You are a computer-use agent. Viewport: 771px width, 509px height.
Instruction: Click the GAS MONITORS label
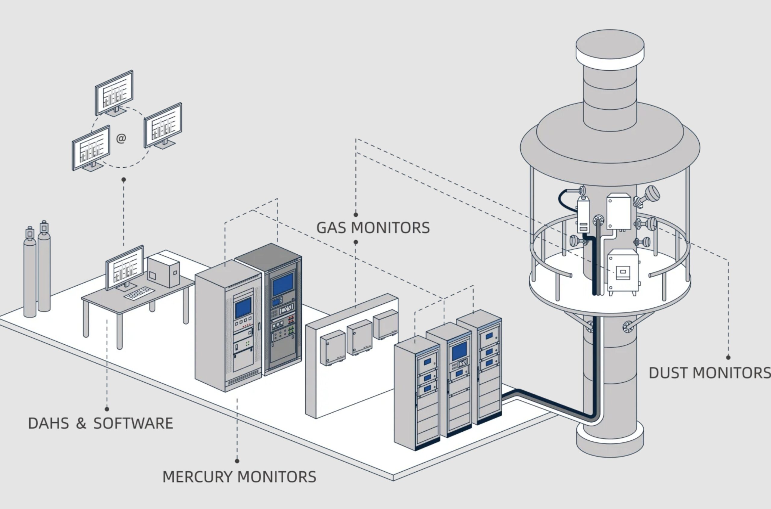click(x=373, y=228)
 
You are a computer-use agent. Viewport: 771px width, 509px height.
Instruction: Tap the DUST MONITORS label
click(x=709, y=373)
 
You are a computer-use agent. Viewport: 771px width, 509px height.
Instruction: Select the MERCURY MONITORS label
click(x=239, y=477)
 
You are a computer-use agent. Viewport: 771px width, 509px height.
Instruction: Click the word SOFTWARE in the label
click(x=133, y=423)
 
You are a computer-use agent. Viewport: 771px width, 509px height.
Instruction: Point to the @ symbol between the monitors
click(x=121, y=138)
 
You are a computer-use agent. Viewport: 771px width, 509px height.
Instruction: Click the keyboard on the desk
click(x=139, y=293)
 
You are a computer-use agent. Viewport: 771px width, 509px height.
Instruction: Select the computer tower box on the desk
click(x=163, y=271)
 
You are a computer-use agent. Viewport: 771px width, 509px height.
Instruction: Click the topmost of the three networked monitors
click(x=114, y=92)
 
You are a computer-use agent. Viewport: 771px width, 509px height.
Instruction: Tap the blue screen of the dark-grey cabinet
click(x=283, y=284)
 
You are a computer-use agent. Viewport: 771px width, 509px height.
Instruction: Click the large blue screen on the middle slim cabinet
click(x=459, y=352)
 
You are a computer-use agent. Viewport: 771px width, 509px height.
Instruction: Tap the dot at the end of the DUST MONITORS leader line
click(x=728, y=357)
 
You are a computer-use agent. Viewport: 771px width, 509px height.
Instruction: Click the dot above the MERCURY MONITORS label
click(x=237, y=461)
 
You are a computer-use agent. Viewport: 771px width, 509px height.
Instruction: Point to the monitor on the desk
click(x=125, y=268)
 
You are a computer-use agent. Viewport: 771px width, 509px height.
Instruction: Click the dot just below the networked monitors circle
click(x=123, y=179)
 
